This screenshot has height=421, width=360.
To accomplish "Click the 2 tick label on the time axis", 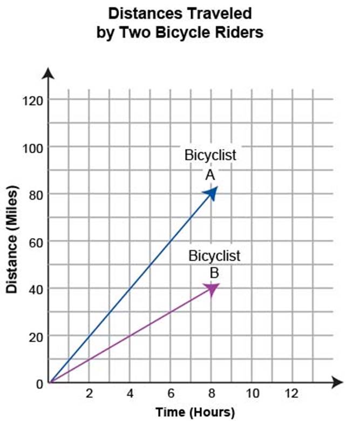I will pyautogui.click(x=90, y=393).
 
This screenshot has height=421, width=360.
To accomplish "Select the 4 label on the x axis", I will pyautogui.click(x=130, y=393).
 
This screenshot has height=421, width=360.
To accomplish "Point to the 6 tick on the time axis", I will pyautogui.click(x=171, y=393).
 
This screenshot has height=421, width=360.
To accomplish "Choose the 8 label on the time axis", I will pyautogui.click(x=211, y=393).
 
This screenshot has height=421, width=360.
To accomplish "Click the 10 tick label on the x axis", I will pyautogui.click(x=252, y=393).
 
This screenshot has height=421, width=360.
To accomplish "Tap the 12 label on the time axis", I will pyautogui.click(x=292, y=393).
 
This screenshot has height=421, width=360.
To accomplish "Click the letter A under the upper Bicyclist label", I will pyautogui.click(x=210, y=174).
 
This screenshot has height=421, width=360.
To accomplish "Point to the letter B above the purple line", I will pyautogui.click(x=214, y=271).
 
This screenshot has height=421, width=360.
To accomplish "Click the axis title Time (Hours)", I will pyautogui.click(x=195, y=412).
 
